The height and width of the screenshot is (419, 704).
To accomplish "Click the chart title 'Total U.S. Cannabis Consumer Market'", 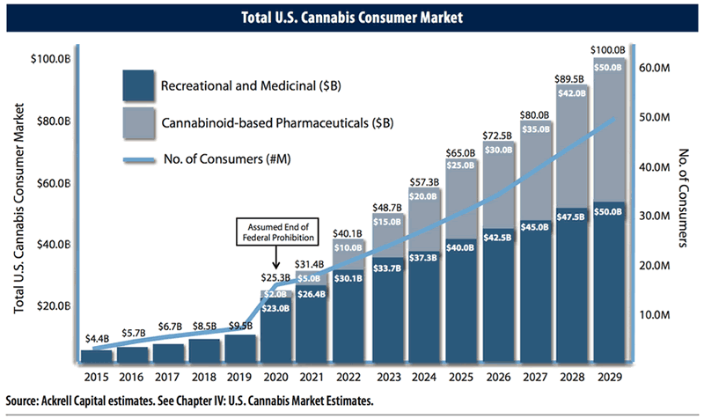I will tap(353, 15).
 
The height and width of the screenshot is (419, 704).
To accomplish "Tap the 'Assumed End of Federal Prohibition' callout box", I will tap(275, 232).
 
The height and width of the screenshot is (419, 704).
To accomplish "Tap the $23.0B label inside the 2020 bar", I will tap(275, 308).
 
